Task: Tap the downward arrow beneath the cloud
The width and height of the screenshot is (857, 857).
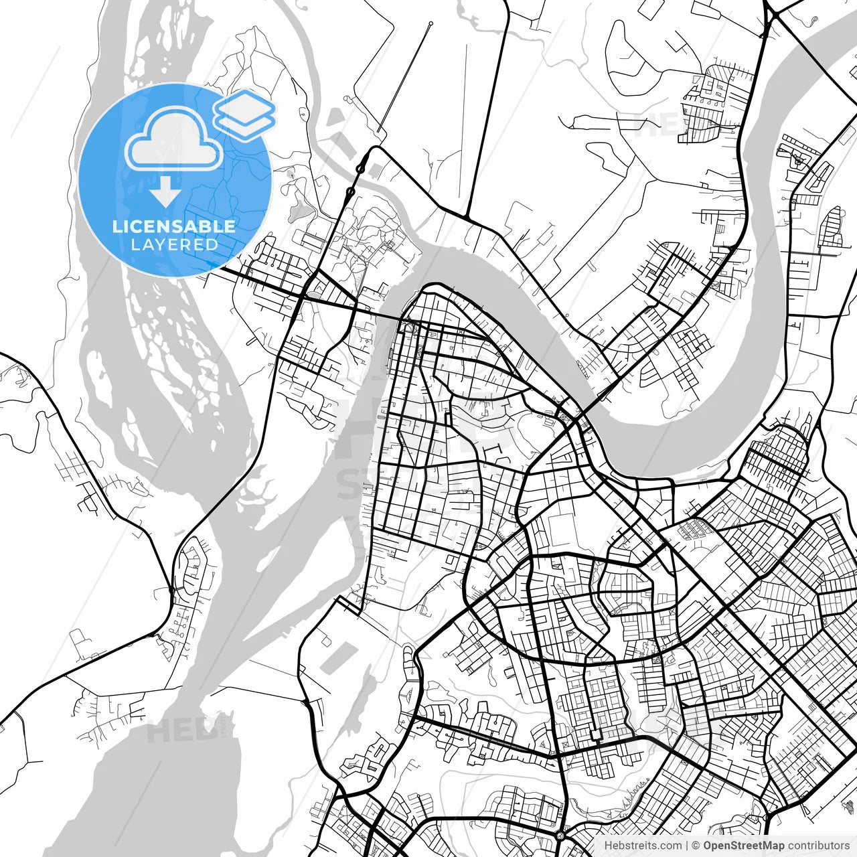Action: (x=165, y=193)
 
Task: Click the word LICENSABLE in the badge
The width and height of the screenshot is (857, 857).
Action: (x=174, y=226)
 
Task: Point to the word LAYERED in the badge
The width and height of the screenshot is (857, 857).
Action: (x=174, y=244)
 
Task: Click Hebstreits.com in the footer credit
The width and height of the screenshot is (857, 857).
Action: (x=643, y=846)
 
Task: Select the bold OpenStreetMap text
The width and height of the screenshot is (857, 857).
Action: (x=743, y=846)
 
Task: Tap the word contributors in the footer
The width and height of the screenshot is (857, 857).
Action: (x=818, y=846)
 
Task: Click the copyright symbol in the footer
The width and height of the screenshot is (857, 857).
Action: (x=696, y=846)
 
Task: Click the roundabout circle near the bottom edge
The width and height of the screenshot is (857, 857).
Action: (x=560, y=836)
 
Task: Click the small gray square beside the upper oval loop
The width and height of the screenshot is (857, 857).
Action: (x=374, y=155)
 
